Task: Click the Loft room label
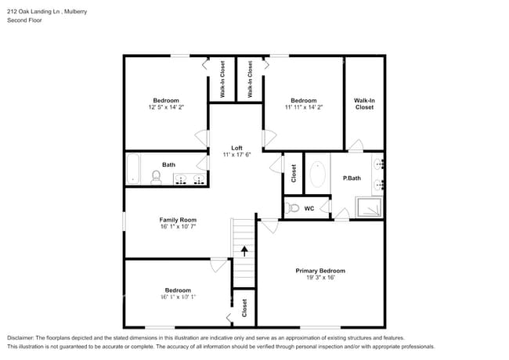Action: click(236, 147)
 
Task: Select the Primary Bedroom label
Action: click(319, 271)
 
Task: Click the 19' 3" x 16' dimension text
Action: click(319, 279)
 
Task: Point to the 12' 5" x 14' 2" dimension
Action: click(166, 107)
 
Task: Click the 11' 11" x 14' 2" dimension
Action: click(303, 107)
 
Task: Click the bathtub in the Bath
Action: click(133, 168)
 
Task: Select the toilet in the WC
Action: click(292, 208)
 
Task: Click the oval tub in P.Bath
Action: click(318, 174)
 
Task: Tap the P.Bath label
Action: click(351, 178)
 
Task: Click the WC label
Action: click(309, 208)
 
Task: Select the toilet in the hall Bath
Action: click(156, 178)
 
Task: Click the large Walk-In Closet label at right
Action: click(364, 103)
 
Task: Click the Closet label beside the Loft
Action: click(294, 172)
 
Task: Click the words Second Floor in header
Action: click(25, 20)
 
